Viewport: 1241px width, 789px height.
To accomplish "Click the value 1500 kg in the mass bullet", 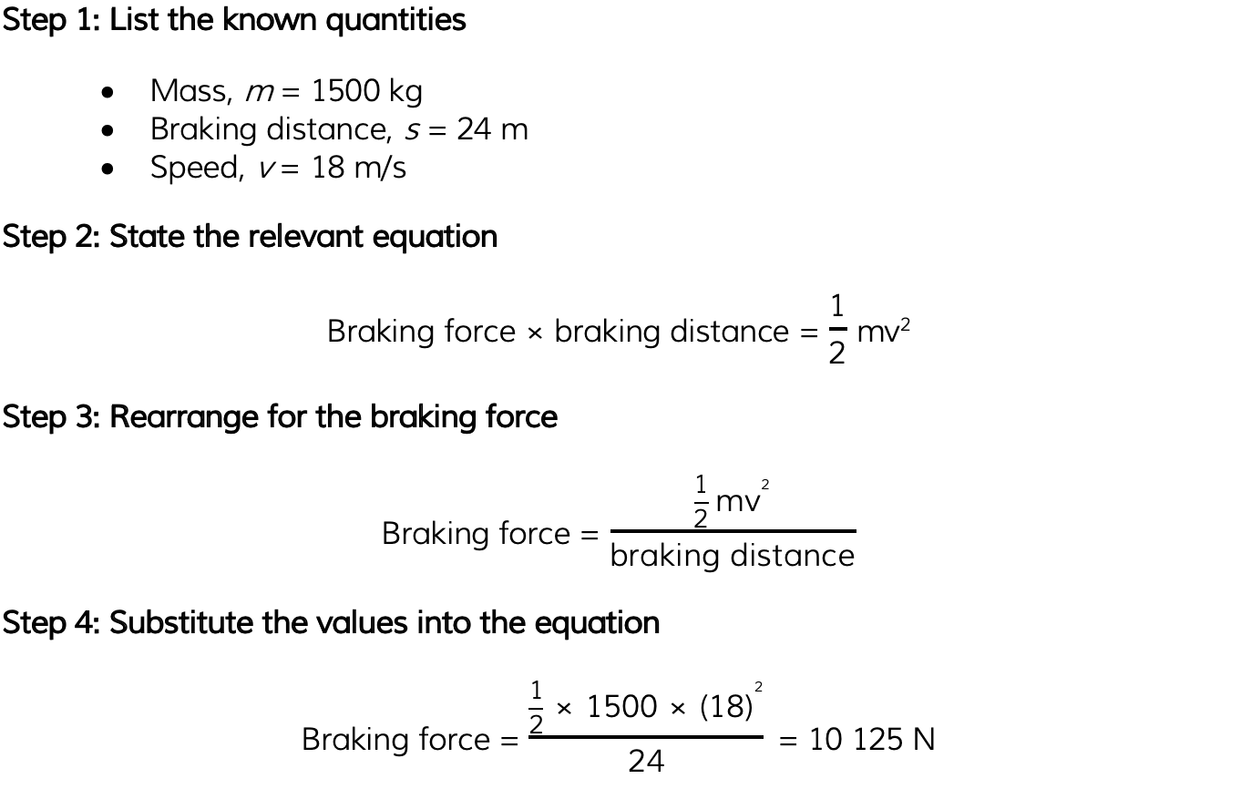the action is [367, 91].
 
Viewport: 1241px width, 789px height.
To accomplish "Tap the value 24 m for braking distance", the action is [492, 129].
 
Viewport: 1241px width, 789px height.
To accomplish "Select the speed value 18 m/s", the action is [359, 167].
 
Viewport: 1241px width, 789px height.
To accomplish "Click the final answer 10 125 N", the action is [872, 739].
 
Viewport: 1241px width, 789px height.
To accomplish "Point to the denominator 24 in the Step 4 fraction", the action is [646, 761].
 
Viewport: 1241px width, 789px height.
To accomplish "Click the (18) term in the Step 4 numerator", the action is [726, 706].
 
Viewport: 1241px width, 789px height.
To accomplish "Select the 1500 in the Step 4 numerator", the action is [621, 706].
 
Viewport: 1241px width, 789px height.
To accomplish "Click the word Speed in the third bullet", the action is [197, 168].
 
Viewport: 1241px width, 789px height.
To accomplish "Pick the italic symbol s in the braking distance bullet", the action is [412, 131].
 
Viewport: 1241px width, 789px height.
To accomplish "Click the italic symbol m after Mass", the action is [260, 93].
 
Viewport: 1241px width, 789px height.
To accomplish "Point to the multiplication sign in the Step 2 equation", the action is [535, 333].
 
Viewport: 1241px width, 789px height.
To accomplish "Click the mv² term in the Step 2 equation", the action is [883, 331].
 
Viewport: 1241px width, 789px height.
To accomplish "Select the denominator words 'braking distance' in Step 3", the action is [733, 555].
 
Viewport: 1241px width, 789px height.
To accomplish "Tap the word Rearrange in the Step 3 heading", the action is [184, 417].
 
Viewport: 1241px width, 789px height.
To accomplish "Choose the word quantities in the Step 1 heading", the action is [395, 21].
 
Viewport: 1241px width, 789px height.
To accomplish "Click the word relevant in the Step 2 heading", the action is [306, 237].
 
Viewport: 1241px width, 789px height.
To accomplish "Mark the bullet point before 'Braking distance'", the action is [108, 131].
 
